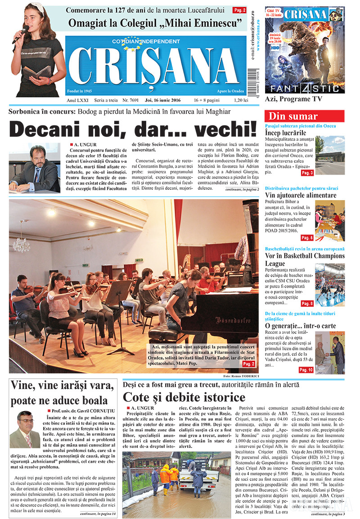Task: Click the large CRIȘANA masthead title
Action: [153, 65]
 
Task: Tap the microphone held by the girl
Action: [21, 33]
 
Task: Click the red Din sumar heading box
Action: [305, 116]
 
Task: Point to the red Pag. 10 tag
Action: [306, 370]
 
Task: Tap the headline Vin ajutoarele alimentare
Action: [301, 196]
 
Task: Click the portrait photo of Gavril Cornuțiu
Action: [25, 429]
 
